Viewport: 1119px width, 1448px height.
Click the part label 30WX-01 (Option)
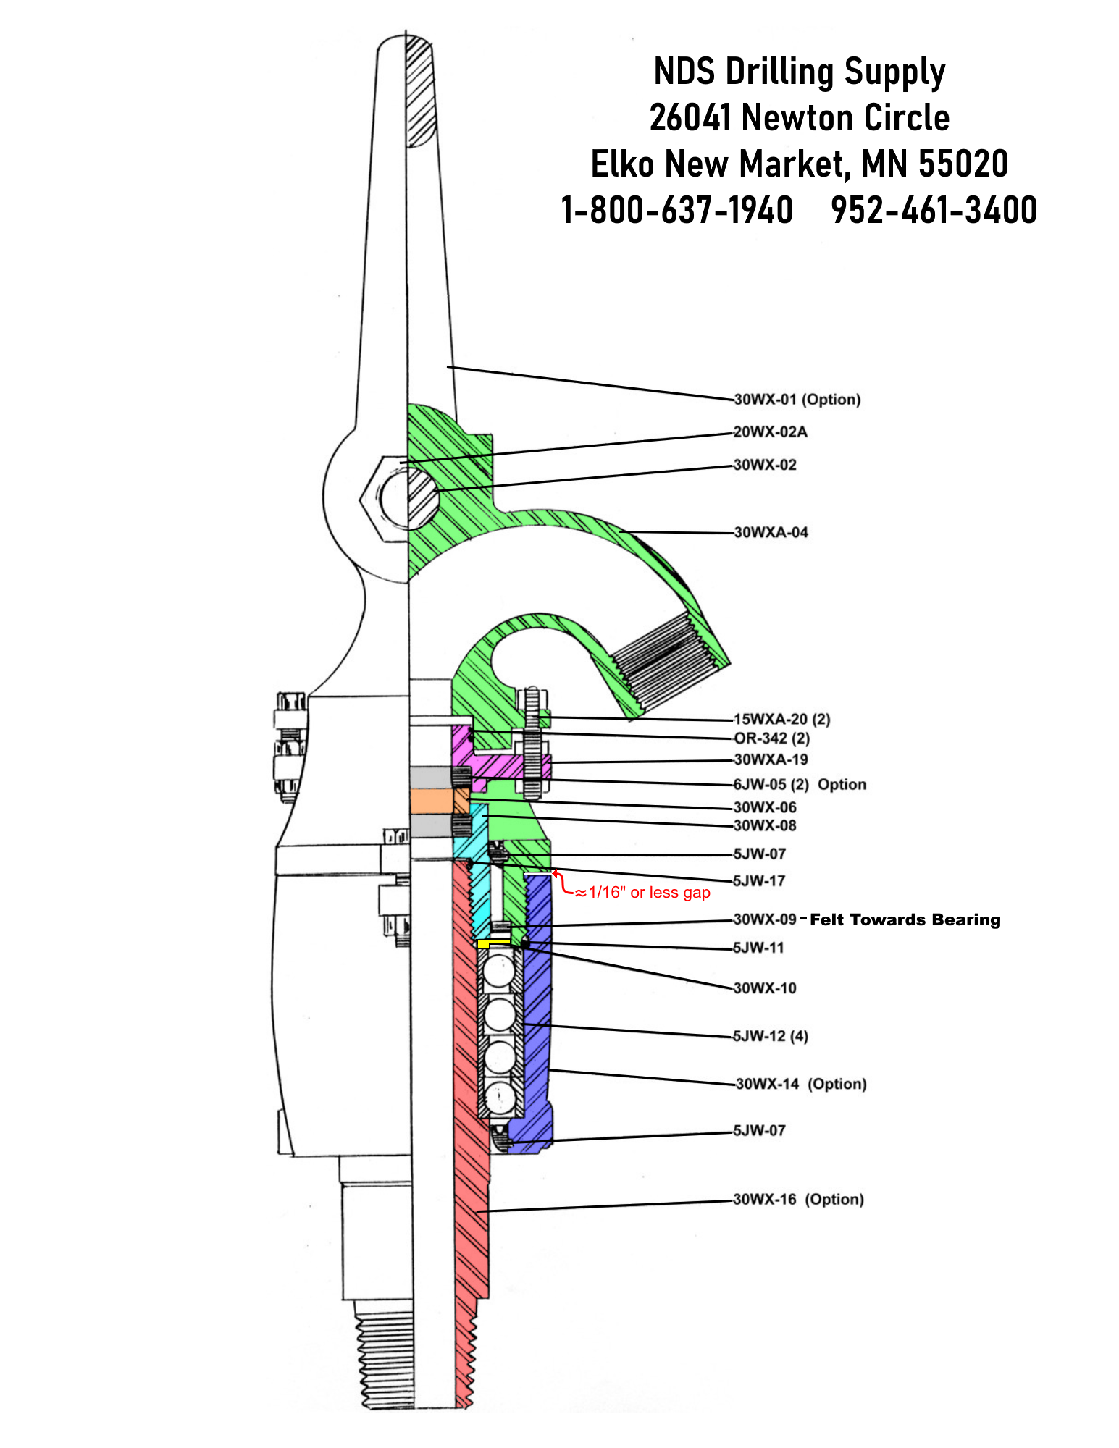(x=797, y=400)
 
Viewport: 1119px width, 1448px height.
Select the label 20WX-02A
(x=770, y=432)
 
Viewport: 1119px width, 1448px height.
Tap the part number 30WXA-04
(x=771, y=533)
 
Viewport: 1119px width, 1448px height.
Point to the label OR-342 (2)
(x=771, y=738)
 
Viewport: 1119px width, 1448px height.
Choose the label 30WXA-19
(x=771, y=759)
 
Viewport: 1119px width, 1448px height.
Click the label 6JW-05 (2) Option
(x=800, y=785)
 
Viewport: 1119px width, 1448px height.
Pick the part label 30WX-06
(x=765, y=807)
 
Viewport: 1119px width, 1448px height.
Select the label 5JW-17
(x=759, y=881)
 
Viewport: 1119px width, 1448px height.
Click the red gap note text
(x=642, y=893)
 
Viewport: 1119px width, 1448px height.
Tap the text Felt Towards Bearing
(x=905, y=920)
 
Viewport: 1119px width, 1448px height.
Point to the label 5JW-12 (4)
(x=770, y=1036)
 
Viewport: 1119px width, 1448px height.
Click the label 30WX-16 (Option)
(x=798, y=1200)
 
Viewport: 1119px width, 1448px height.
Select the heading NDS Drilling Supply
(x=799, y=72)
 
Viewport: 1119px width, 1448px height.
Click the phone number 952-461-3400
(x=934, y=210)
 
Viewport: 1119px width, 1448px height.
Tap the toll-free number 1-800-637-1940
(x=677, y=210)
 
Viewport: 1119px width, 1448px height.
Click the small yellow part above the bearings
(x=493, y=943)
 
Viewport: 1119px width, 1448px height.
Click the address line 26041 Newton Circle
(x=799, y=118)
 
